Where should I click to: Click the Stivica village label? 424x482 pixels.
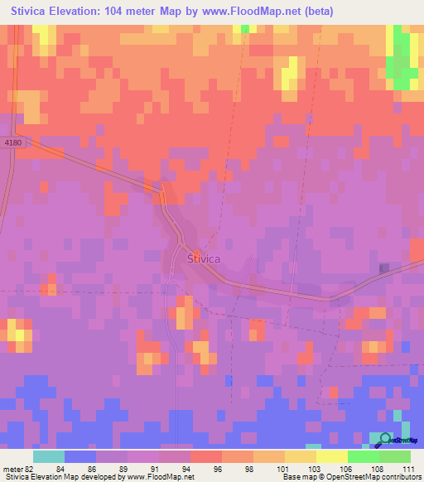tap(204, 258)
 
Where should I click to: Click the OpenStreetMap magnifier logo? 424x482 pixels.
tap(386, 439)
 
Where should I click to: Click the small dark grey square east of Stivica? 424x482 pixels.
tap(384, 268)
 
